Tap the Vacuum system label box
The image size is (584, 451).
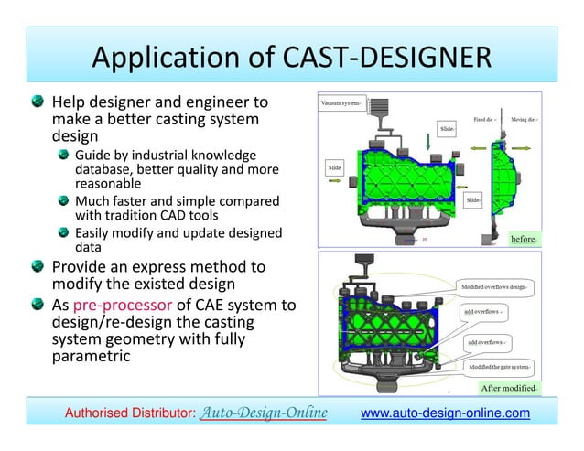[340, 102]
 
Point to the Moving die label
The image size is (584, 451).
[523, 118]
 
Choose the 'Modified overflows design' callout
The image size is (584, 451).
[498, 286]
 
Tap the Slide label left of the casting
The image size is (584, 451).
[336, 168]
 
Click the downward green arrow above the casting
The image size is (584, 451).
[427, 139]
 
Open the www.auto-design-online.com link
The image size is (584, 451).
[445, 414]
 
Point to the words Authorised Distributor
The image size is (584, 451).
[128, 414]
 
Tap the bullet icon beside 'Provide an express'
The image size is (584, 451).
[35, 267]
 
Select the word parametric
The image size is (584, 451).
[90, 355]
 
